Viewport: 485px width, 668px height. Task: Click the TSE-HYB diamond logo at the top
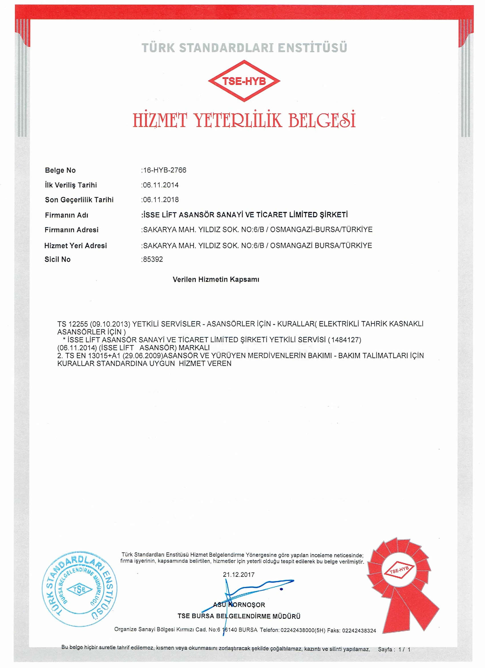244,81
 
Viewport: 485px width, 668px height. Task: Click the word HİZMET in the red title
159,120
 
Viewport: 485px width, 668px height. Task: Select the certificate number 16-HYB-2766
164,170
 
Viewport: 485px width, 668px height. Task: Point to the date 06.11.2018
160,200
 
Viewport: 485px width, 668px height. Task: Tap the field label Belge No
60,170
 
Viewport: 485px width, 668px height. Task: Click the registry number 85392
153,259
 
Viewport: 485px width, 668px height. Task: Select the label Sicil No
57,259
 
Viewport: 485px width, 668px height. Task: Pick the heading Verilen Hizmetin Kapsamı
216,279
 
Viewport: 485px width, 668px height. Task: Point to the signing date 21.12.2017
239,575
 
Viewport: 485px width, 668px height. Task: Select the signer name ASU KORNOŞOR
239,605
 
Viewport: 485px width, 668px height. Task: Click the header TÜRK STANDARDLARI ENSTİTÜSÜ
244,48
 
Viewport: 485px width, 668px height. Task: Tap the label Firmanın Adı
66,215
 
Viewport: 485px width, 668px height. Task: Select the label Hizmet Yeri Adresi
76,246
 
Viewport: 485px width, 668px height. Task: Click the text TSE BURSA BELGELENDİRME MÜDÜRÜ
239,616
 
